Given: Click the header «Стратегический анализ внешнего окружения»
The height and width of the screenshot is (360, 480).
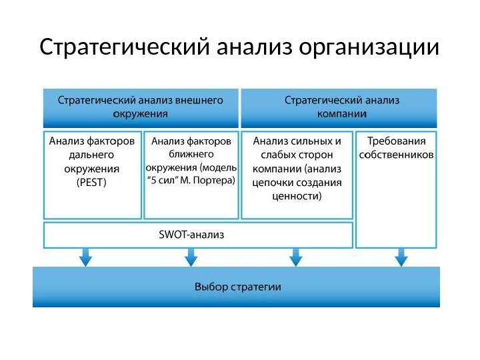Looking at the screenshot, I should pos(141,107).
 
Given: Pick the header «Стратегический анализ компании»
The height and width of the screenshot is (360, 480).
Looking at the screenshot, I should pos(342,107).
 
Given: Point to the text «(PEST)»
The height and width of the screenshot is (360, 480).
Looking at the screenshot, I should pos(91,181).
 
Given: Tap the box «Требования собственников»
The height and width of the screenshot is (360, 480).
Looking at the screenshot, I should pos(397,148).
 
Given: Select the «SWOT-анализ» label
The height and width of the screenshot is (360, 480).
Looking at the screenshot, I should pos(192,235).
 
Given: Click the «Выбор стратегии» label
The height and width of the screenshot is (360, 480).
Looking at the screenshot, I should pos(237,287).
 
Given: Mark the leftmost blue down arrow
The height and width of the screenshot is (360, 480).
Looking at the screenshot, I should pos(85,256).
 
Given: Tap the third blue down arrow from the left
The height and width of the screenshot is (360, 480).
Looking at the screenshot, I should pos(296,256).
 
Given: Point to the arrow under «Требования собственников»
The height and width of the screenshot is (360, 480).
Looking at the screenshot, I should pos(401,256).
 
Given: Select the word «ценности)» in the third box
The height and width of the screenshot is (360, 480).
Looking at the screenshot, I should pos(297,196).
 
